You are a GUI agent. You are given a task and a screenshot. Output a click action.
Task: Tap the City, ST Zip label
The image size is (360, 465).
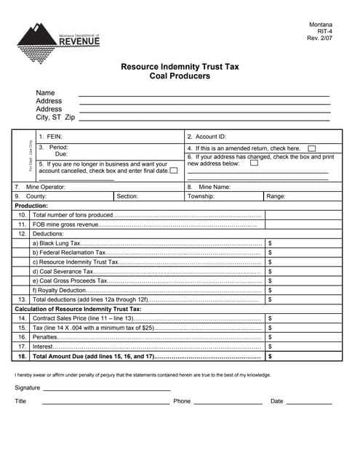click(x=55, y=117)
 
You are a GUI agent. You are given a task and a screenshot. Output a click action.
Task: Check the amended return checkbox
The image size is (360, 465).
click(x=311, y=148)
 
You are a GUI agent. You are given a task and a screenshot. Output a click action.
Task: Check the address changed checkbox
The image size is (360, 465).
click(x=254, y=163)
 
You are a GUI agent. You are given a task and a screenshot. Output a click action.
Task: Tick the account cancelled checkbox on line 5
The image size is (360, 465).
click(x=173, y=171)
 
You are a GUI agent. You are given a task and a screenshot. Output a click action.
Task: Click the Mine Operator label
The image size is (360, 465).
click(x=45, y=187)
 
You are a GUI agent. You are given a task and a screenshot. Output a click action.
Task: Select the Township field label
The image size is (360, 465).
click(x=201, y=196)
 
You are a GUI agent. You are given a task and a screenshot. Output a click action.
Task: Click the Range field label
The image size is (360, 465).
click(x=276, y=196)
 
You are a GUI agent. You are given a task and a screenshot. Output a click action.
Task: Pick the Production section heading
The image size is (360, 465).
click(x=31, y=206)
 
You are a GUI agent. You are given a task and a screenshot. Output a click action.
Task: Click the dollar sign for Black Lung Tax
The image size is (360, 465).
click(x=270, y=243)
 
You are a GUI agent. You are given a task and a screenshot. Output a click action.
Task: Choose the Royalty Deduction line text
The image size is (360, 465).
click(x=65, y=290)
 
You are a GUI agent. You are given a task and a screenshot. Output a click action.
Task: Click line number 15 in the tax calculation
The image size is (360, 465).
click(x=23, y=328)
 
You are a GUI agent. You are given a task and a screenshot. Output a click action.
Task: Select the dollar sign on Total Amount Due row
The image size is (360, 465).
click(x=270, y=357)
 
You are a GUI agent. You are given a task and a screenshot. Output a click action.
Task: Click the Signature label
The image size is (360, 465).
click(x=28, y=388)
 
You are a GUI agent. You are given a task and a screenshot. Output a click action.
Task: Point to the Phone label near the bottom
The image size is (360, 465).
click(x=182, y=401)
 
